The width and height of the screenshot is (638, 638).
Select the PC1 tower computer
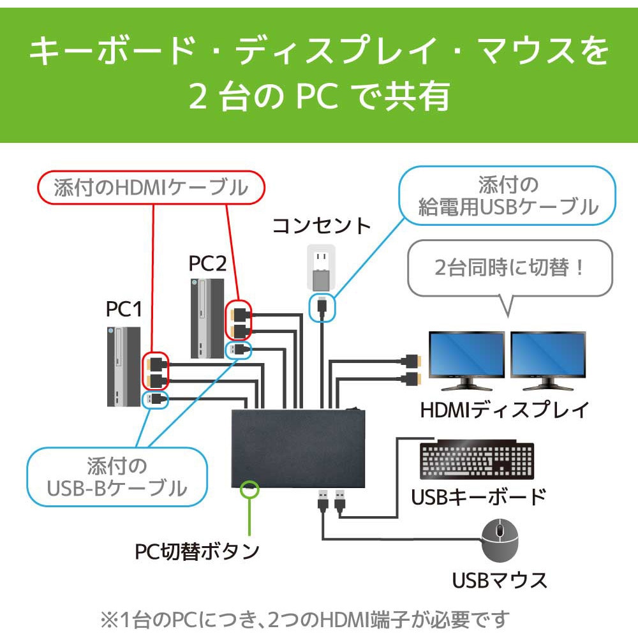tap(123, 366)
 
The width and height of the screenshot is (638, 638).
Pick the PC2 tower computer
tap(207, 318)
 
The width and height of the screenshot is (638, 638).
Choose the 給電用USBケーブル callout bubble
tap(508, 196)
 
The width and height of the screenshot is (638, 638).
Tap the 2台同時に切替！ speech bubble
tap(509, 267)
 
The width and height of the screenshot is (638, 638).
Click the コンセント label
tap(322, 226)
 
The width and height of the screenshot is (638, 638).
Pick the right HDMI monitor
tap(547, 360)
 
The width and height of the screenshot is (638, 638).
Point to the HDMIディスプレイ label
tap(504, 410)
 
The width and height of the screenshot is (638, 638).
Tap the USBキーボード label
tap(478, 496)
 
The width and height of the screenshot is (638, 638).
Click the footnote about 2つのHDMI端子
tap(305, 618)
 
